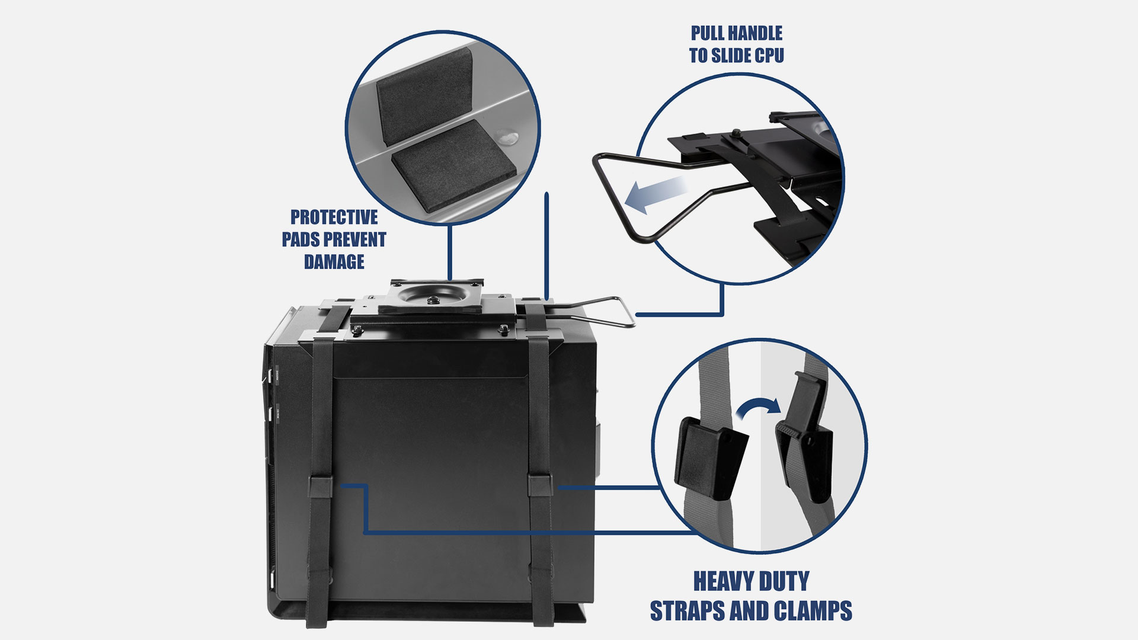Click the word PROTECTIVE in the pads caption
point(334,217)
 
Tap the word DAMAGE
point(334,261)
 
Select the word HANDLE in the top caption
point(756,33)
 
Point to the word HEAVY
point(722,581)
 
